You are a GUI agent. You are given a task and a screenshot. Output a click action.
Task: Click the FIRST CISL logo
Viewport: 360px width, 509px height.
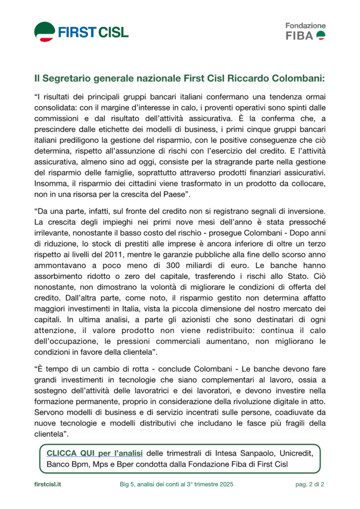[81, 32]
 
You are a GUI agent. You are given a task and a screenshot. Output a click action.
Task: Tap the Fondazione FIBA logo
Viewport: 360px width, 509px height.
[305, 31]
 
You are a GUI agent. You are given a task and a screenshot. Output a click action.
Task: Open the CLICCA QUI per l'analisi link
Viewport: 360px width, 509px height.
[94, 453]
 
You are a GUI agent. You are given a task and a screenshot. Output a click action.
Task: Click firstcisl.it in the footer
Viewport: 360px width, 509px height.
[48, 484]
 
